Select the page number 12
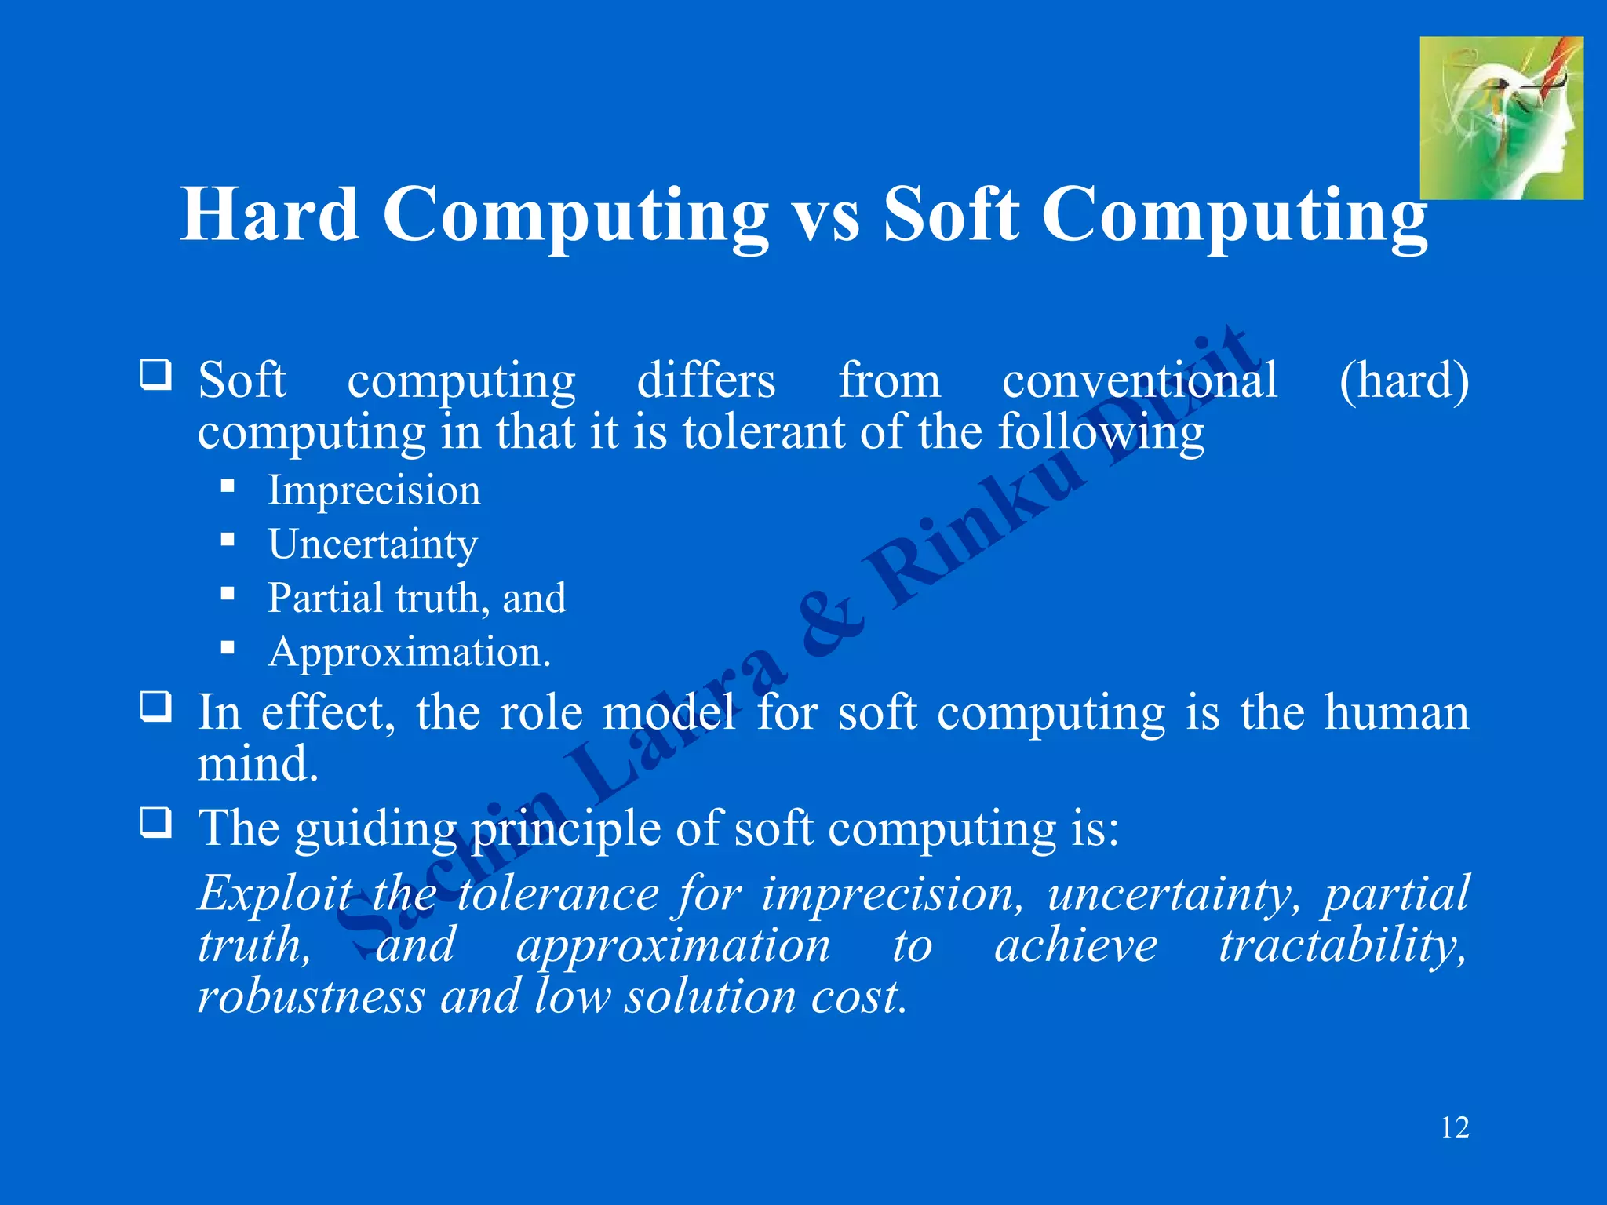(x=1455, y=1127)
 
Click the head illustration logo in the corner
(x=1501, y=118)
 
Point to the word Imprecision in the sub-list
(x=374, y=491)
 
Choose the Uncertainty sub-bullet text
(x=373, y=545)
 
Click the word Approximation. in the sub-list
(x=410, y=653)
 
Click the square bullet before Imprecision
(x=228, y=486)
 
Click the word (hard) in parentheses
(x=1404, y=381)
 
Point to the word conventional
(x=1139, y=381)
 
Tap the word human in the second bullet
(x=1397, y=713)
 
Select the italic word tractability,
(x=1343, y=945)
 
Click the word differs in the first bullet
(x=706, y=381)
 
